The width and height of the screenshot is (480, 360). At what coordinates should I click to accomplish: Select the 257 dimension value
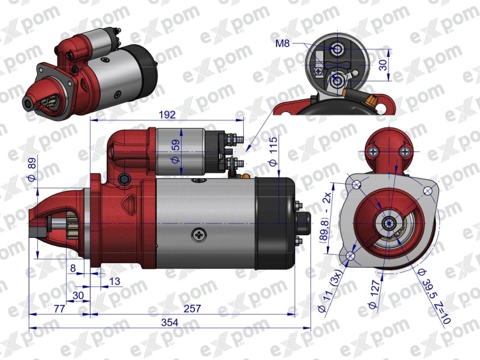click(x=192, y=309)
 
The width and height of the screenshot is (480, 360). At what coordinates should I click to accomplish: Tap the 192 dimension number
click(x=168, y=116)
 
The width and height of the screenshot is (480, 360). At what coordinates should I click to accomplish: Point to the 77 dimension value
click(x=60, y=309)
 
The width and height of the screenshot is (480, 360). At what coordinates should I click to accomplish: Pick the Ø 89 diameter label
click(x=32, y=167)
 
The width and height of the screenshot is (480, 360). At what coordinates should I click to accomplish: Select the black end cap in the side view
click(x=275, y=222)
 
